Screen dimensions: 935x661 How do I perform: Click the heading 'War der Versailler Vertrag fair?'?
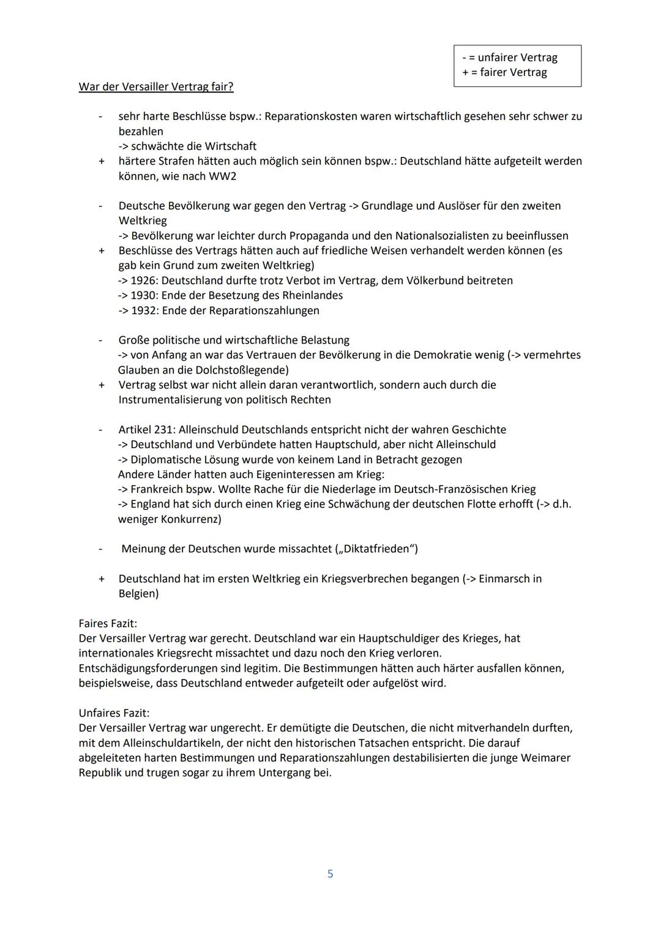tap(156, 87)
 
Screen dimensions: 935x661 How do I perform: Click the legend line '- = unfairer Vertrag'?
tap(509, 58)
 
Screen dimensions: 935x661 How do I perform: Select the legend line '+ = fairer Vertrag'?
tap(504, 72)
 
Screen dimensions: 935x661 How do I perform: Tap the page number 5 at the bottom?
tap(330, 874)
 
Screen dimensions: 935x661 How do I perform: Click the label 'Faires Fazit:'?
tap(108, 623)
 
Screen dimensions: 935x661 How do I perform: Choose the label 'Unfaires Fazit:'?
tap(114, 713)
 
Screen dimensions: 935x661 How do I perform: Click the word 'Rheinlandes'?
tap(313, 295)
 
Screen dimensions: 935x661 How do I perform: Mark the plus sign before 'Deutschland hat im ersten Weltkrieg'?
tap(102, 579)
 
